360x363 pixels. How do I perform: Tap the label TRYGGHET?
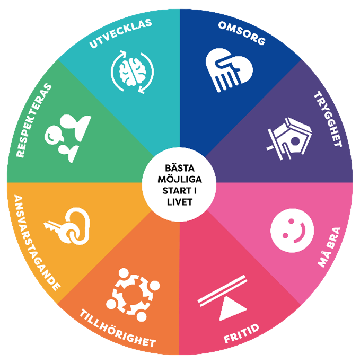[328, 118]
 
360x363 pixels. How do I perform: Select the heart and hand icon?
[227, 70]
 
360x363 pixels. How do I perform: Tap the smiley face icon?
[288, 228]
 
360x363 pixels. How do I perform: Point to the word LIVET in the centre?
[180, 201]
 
